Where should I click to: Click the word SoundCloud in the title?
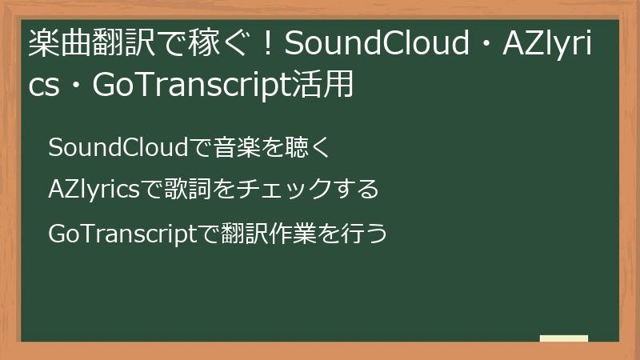point(375,46)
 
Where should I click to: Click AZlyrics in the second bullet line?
point(94,190)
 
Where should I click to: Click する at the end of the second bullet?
point(355,190)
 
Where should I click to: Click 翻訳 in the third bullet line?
point(238,234)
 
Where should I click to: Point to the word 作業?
point(283,234)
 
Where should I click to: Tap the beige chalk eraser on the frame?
point(564,338)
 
